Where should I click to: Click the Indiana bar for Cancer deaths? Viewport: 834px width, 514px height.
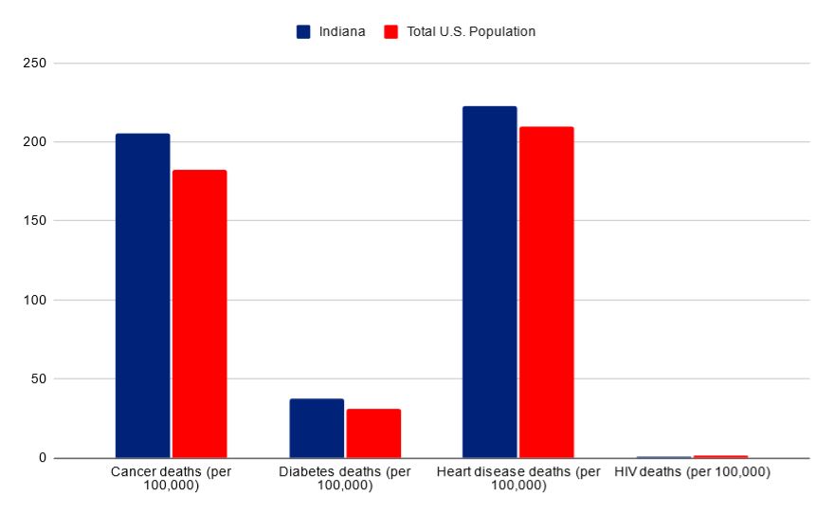click(142, 296)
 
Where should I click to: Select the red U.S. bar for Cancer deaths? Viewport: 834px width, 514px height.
click(199, 314)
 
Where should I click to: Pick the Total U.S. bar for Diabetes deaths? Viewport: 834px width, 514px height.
click(373, 433)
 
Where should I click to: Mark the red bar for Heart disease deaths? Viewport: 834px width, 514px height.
click(546, 292)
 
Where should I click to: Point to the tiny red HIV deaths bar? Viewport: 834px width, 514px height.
click(720, 456)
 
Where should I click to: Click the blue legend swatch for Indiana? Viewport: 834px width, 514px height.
click(303, 31)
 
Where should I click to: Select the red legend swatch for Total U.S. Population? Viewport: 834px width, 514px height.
click(390, 31)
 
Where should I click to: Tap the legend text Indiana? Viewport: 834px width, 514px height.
click(341, 31)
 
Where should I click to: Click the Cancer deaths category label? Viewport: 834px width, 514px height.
click(171, 479)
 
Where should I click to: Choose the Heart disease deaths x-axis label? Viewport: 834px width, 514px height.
click(517, 479)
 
